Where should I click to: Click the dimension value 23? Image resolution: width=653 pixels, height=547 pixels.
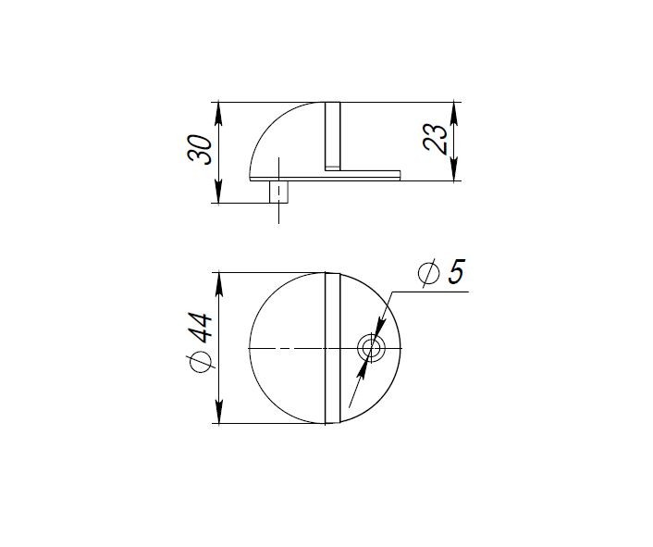[439, 139]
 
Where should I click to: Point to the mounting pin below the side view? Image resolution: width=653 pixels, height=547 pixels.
[277, 192]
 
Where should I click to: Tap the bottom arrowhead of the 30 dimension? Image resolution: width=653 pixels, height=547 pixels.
[218, 193]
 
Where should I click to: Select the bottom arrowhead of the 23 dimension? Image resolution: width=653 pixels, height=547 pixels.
[453, 172]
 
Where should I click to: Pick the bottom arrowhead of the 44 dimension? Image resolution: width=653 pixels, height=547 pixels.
[218, 416]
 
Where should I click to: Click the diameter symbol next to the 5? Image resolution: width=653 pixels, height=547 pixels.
[427, 274]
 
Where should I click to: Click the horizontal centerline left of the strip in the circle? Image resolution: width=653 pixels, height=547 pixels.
[287, 348]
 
